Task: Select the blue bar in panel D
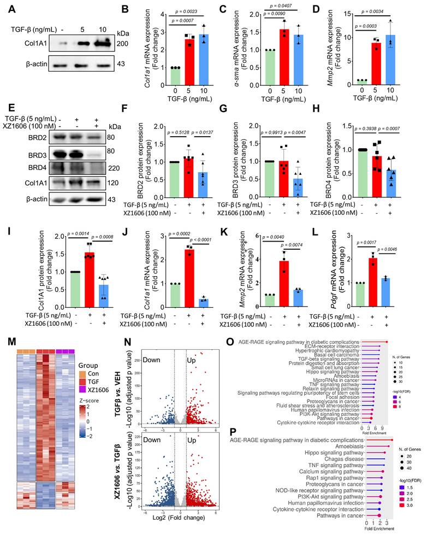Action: pyautogui.click(x=390, y=64)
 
